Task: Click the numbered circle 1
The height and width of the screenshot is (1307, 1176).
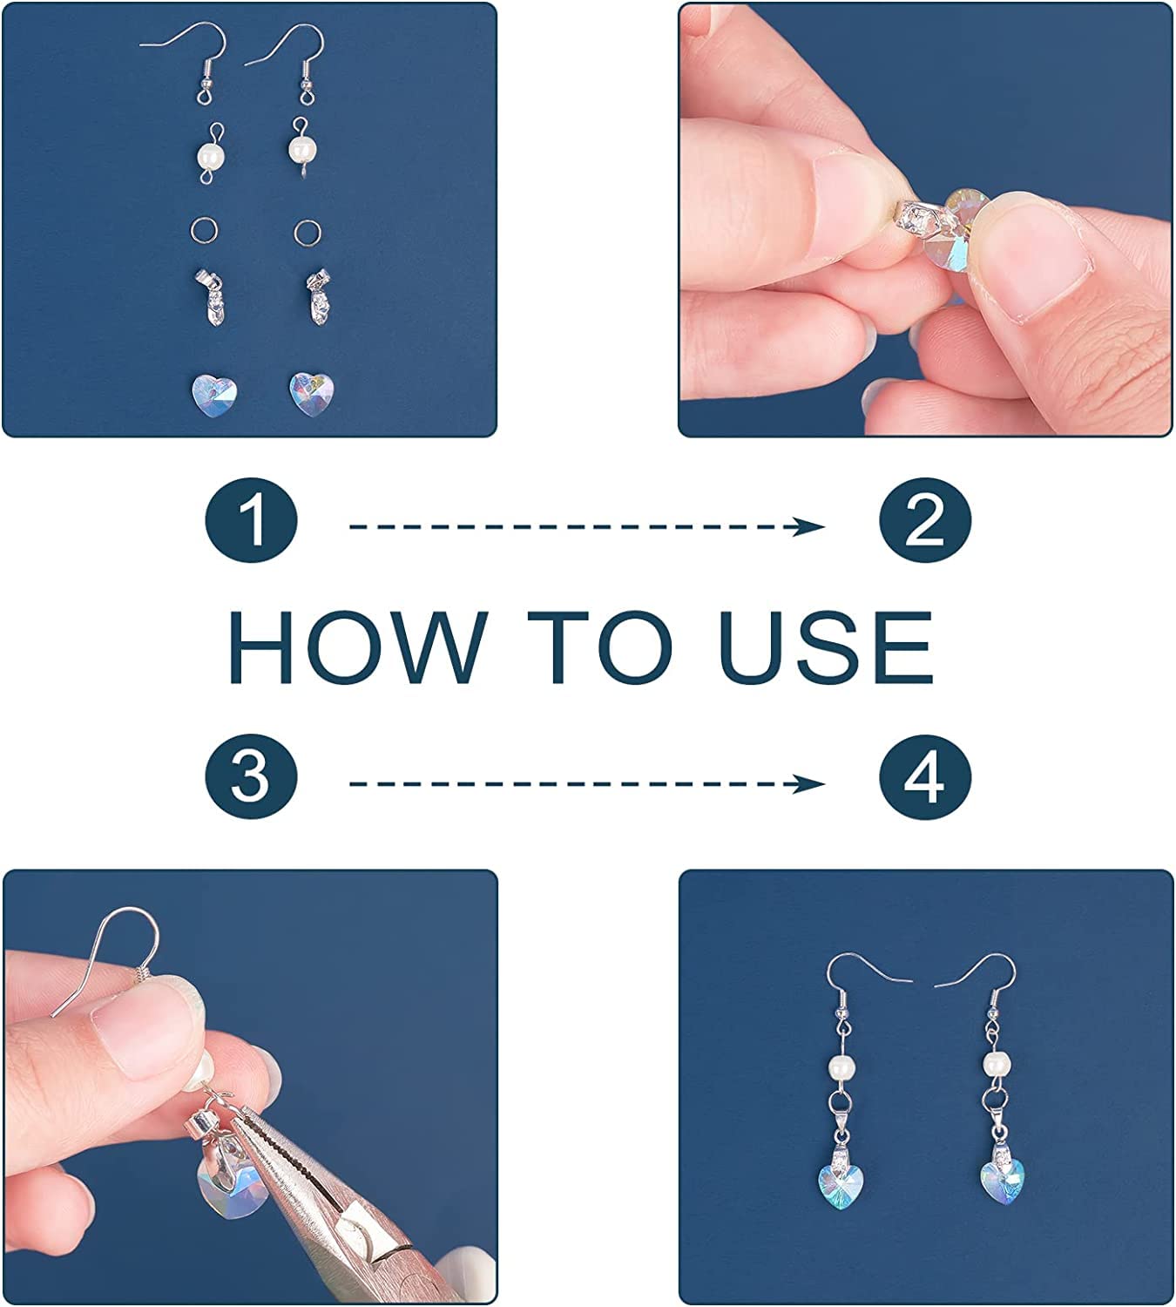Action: click(x=251, y=520)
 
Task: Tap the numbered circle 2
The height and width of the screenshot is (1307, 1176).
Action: click(x=924, y=520)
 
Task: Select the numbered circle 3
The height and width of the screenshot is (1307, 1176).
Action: click(x=251, y=776)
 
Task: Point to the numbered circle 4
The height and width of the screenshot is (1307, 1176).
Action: click(x=924, y=776)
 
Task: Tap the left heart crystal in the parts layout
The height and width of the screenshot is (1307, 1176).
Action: click(x=213, y=395)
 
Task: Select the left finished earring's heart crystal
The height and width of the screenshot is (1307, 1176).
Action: click(x=841, y=1185)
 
